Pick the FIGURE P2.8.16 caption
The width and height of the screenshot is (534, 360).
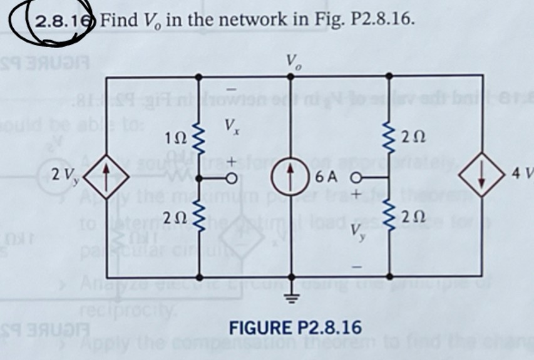coord(295,327)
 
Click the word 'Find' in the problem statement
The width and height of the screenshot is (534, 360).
coord(113,20)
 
